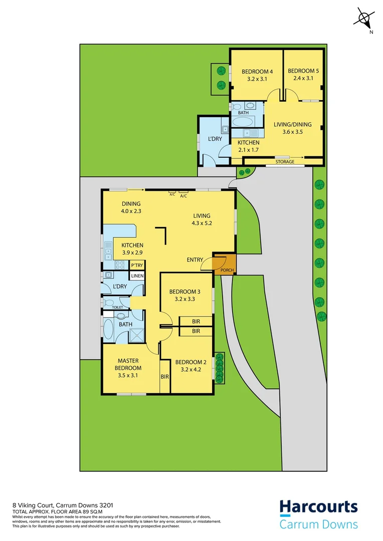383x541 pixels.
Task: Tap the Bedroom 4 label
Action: tap(256, 71)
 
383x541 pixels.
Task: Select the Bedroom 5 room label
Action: tap(303, 71)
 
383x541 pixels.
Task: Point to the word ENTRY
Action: tap(195, 259)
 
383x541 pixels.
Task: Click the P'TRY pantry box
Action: tap(137, 265)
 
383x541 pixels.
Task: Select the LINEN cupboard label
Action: tap(137, 276)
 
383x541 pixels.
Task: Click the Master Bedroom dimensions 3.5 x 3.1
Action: tap(128, 375)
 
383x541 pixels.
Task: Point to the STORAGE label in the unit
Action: tap(285, 162)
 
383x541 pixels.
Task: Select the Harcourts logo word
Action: tap(318, 507)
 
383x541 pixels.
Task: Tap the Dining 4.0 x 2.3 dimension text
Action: tap(131, 211)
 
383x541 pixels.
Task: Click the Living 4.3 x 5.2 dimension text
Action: tap(202, 223)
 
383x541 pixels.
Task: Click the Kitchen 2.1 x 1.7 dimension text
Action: tap(248, 150)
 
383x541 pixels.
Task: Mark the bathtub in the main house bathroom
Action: tap(109, 330)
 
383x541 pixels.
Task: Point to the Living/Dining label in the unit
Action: tap(292, 125)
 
